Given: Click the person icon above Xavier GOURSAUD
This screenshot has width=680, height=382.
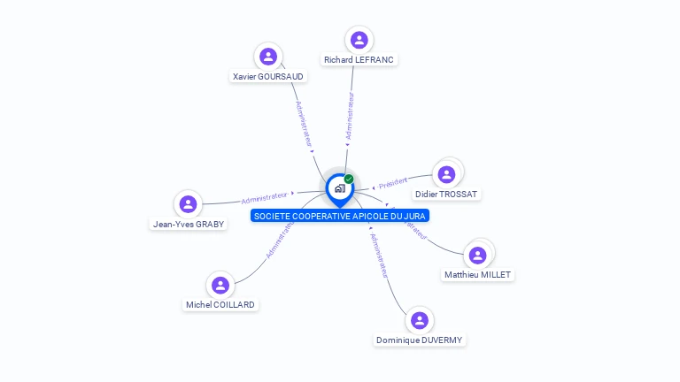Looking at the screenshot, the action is [267, 57].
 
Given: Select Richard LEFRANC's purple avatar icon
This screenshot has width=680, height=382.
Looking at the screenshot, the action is [359, 40].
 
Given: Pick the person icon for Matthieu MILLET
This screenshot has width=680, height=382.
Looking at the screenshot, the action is [478, 256].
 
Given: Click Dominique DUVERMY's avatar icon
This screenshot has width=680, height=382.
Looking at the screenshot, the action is [419, 320].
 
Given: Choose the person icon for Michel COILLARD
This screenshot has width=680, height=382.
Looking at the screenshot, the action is [220, 285].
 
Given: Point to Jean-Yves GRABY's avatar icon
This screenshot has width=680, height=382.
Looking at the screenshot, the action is [188, 204].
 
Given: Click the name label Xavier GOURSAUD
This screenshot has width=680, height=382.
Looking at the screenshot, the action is [268, 77].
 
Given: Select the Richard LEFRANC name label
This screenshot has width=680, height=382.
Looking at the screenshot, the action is [359, 60].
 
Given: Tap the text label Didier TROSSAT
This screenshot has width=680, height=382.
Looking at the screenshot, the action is [446, 195].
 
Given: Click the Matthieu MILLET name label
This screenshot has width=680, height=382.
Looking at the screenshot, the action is [478, 275].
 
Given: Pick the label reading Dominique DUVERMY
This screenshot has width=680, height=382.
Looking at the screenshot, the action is [419, 340].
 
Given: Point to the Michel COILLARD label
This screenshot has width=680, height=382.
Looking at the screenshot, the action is [220, 305].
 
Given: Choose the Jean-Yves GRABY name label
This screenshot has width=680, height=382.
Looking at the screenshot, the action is [189, 225].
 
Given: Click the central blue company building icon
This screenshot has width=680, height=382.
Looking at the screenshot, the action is [339, 188].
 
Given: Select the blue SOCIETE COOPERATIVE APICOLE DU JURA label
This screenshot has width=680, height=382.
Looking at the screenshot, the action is [339, 216].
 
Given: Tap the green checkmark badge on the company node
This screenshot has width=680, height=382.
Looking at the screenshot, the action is [349, 179].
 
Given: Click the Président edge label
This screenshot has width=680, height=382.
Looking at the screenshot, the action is [392, 183].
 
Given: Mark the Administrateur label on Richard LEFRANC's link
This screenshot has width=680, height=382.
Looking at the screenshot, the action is [350, 117].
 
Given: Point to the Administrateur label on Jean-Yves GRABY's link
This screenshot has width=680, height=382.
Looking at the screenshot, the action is [266, 196].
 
